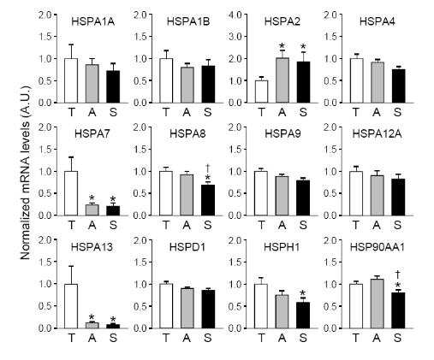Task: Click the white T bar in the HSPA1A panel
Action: [71, 80]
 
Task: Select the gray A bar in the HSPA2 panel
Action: [282, 80]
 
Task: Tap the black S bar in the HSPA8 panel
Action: [208, 200]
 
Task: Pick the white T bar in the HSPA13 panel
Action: [71, 306]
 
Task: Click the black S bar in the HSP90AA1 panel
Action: [398, 310]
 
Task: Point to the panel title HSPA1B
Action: [188, 21]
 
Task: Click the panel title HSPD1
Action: [187, 247]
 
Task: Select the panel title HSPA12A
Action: [377, 134]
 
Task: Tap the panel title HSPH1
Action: [282, 247]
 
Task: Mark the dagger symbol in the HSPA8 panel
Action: [208, 168]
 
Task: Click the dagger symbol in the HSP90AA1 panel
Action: [398, 274]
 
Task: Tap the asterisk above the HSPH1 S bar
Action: [303, 293]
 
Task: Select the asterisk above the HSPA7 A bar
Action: [92, 198]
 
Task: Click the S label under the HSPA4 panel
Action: [397, 112]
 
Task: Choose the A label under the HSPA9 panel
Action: [282, 225]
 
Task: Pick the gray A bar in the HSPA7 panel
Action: [92, 210]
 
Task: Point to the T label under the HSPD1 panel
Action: [166, 338]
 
